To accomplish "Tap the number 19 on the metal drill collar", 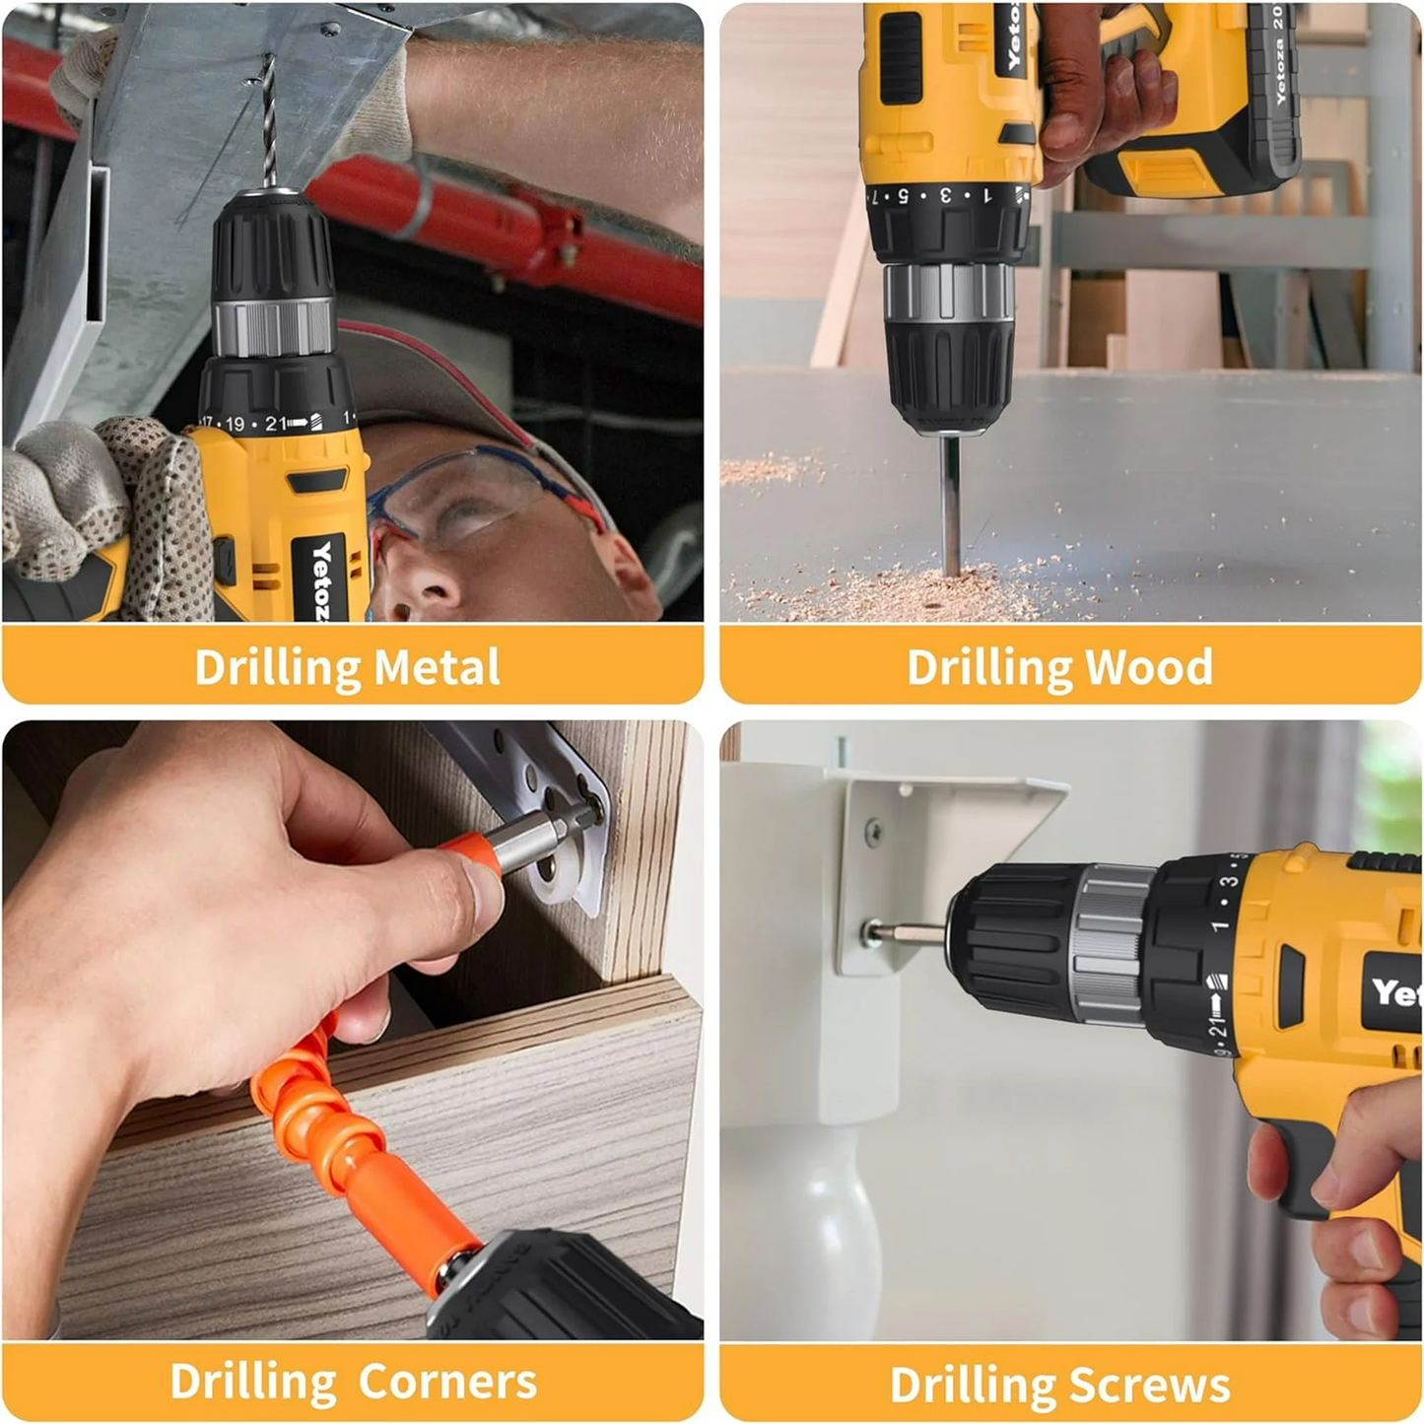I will click(x=235, y=424).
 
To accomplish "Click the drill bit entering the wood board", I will click(x=950, y=503).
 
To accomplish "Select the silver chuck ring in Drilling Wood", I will click(x=948, y=293).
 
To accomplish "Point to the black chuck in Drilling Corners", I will click(x=552, y=1286).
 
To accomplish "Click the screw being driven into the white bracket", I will click(x=871, y=932).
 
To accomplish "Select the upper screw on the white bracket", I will click(x=873, y=831).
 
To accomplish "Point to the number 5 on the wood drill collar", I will click(x=902, y=196).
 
